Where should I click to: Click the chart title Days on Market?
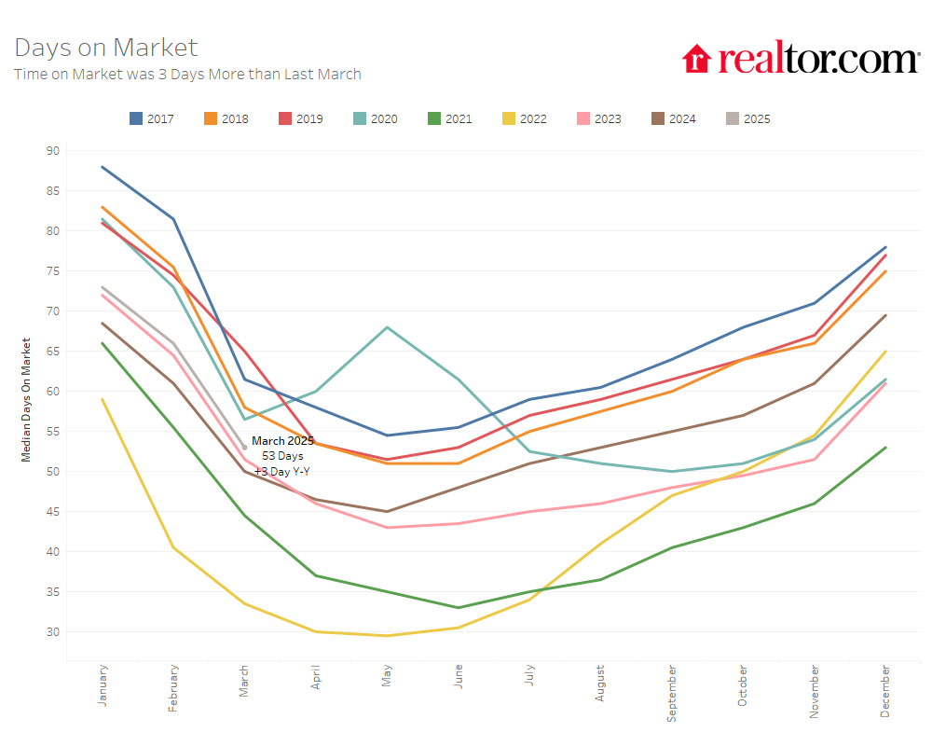click(x=106, y=48)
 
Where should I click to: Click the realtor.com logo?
click(x=801, y=59)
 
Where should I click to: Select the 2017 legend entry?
click(x=151, y=118)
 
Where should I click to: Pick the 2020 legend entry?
click(x=375, y=118)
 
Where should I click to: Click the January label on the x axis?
click(x=103, y=685)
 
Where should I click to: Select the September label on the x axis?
click(x=672, y=693)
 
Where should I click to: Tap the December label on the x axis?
click(x=884, y=691)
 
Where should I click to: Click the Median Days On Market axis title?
click(x=26, y=399)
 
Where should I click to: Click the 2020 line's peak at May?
click(x=387, y=327)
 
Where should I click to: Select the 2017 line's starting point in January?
click(x=103, y=167)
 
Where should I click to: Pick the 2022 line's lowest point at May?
click(x=387, y=636)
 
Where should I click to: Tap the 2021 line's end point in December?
click(x=884, y=448)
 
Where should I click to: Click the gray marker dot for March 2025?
click(x=245, y=448)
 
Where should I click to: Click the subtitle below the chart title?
click(x=187, y=74)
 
